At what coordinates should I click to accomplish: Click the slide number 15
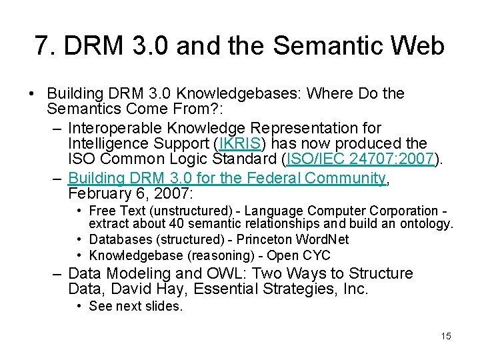(x=446, y=336)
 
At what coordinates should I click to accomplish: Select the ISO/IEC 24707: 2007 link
(x=360, y=159)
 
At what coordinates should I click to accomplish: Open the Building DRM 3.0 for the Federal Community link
(x=227, y=178)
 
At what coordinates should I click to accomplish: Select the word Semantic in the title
(x=330, y=47)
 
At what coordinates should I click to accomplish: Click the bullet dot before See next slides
(x=79, y=306)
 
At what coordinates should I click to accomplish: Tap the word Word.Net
(x=323, y=239)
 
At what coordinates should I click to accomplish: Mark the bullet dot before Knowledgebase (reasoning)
(x=79, y=255)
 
